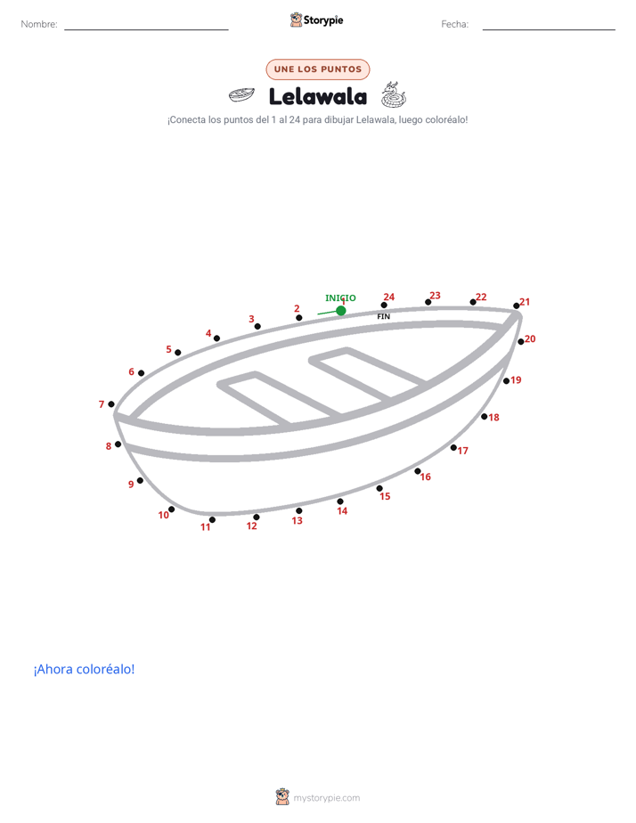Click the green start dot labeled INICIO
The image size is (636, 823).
pyautogui.click(x=341, y=311)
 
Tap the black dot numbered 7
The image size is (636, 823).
pyautogui.click(x=111, y=404)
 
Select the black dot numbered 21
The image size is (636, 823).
pyautogui.click(x=517, y=306)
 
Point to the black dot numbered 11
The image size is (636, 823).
pyautogui.click(x=212, y=519)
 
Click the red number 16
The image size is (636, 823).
pyautogui.click(x=426, y=477)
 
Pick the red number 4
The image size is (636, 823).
pyautogui.click(x=208, y=333)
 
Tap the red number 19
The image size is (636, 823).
pyautogui.click(x=517, y=380)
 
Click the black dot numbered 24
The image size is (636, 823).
pyautogui.click(x=384, y=305)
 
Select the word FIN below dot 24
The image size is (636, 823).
pyautogui.click(x=384, y=316)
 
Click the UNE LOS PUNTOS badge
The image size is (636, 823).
pyautogui.click(x=318, y=69)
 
